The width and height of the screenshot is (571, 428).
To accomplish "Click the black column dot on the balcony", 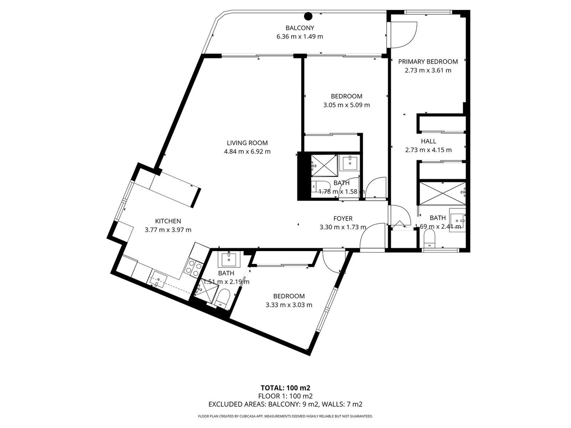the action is coord(308,16).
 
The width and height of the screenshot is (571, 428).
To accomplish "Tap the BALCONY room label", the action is coord(300,28).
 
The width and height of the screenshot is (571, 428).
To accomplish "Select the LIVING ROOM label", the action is coord(247,143).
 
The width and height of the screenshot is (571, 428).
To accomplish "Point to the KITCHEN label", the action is coord(168,221).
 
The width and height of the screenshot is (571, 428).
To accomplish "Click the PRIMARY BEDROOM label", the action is coord(428,62).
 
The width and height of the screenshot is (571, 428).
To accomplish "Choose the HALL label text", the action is coord(428,141).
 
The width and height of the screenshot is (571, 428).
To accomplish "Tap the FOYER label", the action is coord(343,219).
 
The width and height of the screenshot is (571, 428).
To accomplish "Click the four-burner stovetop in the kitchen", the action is coord(193,267).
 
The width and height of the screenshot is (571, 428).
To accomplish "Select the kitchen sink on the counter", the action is coord(158,279).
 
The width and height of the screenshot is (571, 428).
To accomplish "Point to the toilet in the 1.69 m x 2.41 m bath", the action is coord(429,239).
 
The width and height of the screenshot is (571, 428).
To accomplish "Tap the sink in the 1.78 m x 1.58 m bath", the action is coord(350,163).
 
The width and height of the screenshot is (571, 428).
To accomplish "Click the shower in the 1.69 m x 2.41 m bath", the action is coord(442,194).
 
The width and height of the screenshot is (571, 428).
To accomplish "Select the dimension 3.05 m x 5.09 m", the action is coord(346,105).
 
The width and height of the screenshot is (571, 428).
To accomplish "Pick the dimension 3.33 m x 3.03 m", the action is coord(289,305).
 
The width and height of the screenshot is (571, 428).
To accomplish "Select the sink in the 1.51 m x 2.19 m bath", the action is coord(229,260).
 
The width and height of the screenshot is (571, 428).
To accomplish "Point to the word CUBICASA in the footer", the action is coord(249,416).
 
